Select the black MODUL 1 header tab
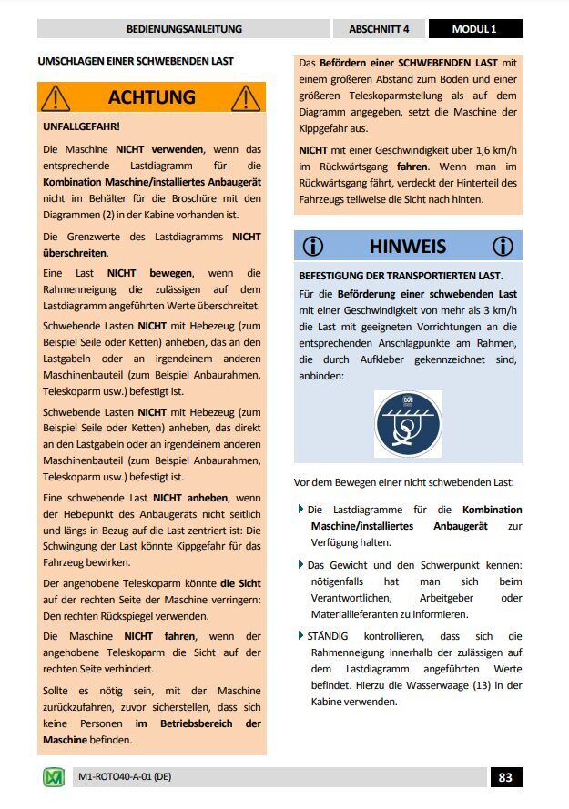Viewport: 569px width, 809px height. [x=474, y=29]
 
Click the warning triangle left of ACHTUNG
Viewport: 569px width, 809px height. [x=56, y=96]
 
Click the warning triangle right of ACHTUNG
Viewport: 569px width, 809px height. [x=247, y=96]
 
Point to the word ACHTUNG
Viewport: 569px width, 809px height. [x=151, y=96]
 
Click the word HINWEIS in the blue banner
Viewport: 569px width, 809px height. [x=407, y=246]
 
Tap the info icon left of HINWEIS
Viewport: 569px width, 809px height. [x=313, y=246]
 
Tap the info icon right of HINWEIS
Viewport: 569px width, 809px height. [x=502, y=246]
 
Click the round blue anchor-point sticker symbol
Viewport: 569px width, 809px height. [x=408, y=424]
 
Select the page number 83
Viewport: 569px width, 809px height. [x=506, y=777]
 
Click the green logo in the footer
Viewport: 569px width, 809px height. [x=54, y=777]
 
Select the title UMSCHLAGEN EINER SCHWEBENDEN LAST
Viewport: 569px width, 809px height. [x=136, y=62]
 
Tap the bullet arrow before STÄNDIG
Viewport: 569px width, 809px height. [x=301, y=634]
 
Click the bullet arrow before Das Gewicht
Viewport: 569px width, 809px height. [x=301, y=564]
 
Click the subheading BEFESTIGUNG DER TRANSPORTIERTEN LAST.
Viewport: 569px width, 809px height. [x=401, y=276]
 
